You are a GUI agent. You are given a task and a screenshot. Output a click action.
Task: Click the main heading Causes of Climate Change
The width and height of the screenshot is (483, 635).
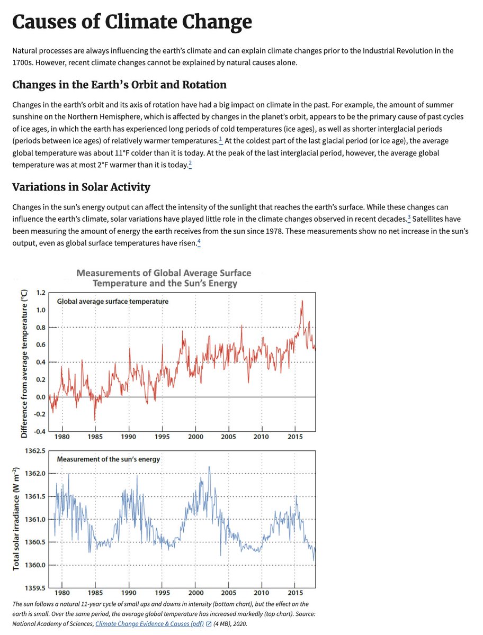click(132, 23)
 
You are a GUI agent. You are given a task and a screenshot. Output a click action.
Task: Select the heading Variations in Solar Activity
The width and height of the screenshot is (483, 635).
click(81, 187)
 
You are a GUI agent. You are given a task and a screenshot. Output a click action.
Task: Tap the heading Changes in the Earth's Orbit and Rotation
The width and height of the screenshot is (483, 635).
click(119, 85)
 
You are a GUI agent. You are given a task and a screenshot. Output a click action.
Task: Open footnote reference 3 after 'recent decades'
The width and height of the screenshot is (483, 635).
click(409, 217)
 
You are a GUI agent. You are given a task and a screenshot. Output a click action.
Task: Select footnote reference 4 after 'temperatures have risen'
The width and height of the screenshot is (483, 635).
click(199, 242)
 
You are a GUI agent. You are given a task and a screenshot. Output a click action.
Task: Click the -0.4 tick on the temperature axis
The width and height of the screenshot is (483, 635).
click(39, 431)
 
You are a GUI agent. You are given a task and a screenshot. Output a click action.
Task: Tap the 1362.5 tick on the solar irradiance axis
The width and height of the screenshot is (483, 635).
click(35, 451)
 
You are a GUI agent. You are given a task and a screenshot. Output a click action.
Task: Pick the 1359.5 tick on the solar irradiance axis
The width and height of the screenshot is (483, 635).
click(35, 587)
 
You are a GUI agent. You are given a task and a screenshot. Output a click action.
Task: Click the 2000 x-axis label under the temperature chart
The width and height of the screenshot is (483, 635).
click(195, 437)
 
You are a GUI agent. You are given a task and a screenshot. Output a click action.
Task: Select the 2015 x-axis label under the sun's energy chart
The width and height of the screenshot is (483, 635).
click(294, 594)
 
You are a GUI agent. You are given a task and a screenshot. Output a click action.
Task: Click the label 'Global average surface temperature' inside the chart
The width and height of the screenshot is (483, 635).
click(112, 301)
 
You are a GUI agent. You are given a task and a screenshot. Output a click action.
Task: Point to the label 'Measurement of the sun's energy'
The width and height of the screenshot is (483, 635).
click(108, 459)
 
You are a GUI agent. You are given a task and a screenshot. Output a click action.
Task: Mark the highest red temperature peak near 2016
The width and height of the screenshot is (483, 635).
click(302, 302)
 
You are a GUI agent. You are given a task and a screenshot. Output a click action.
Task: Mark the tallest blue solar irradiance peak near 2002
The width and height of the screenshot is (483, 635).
click(209, 467)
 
